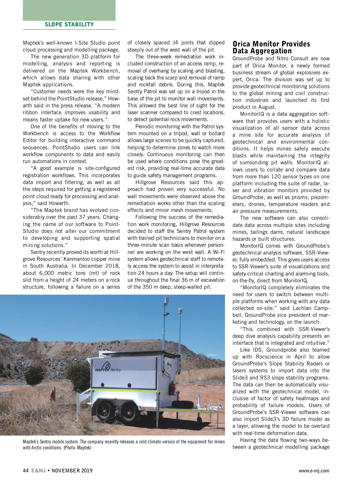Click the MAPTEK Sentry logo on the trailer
108,367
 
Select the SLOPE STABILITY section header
69,25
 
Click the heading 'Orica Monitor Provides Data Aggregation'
271,47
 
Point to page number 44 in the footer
26,471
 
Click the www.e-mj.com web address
314,471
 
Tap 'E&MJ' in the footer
38,471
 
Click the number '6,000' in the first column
46,273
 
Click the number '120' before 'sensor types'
276,177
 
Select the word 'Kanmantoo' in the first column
85,259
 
